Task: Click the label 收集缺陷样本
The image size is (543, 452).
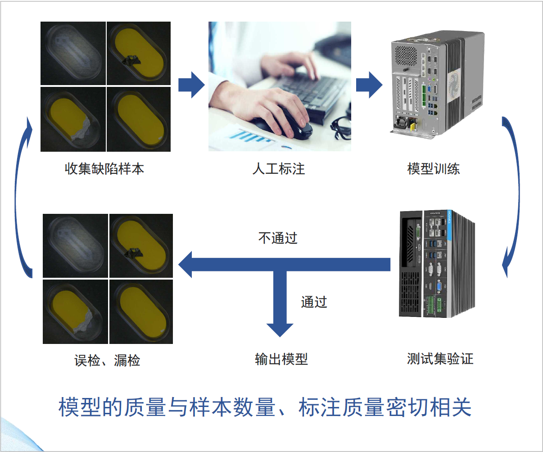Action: pos(104,169)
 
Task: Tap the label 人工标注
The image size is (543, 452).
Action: pos(279,169)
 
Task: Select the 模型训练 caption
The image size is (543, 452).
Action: pos(434,169)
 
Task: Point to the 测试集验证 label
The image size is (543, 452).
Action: pos(440,359)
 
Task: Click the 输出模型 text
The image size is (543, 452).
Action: pos(281,359)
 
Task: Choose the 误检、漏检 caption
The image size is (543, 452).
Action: pos(107,361)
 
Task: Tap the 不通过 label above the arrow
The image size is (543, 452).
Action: pos(278,238)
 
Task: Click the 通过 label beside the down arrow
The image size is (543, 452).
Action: pos(314,302)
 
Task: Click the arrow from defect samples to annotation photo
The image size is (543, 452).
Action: pos(191,85)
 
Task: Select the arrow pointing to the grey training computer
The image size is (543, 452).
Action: pos(369,85)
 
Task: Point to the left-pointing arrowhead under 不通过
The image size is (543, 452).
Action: pos(185,264)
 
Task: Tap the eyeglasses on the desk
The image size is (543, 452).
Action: pos(341,129)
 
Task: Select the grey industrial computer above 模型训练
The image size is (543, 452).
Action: pos(437,83)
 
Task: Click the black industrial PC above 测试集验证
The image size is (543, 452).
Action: pos(437,264)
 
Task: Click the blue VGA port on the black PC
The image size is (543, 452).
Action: pos(439,286)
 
